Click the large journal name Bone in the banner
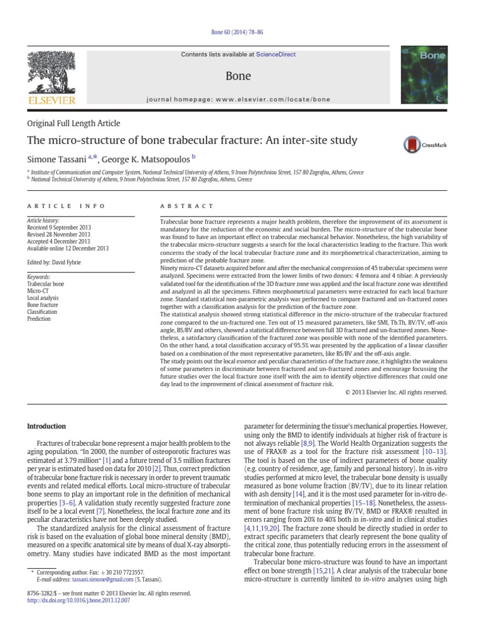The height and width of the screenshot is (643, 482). [x=238, y=76]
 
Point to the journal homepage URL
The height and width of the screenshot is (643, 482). [x=238, y=99]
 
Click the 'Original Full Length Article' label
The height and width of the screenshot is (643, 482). [x=74, y=123]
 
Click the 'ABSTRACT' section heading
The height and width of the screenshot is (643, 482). [x=188, y=206]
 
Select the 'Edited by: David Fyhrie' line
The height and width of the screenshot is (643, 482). [x=53, y=262]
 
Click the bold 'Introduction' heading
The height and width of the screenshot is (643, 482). [x=46, y=426]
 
